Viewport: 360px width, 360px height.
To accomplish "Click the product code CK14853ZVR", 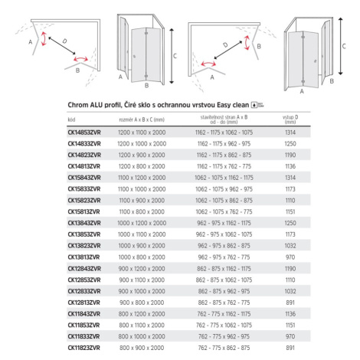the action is pos(84,133).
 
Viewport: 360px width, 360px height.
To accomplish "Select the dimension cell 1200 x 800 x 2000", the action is pos(142,166).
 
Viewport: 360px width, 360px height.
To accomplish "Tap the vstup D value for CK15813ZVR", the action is pos(290,212).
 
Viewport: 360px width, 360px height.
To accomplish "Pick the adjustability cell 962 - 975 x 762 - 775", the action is pos(224,257).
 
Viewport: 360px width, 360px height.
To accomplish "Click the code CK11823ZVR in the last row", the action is pos(84,348).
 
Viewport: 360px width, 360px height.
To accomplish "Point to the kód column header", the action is pos(71,119).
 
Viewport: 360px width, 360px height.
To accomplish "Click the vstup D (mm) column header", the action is pos(290,119).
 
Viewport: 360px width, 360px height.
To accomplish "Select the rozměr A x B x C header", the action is pos(142,119).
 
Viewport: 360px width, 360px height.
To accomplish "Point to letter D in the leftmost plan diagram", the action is pos(64,41).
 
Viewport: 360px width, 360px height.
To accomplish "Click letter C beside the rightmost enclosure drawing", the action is pos(344,46).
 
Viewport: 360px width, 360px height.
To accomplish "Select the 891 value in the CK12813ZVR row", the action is pos(290,303).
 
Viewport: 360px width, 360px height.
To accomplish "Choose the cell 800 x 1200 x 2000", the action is pos(142,314).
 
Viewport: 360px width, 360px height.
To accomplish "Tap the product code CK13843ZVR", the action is pos(84,223).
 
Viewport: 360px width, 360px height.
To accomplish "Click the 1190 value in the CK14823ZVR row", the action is pos(290,155).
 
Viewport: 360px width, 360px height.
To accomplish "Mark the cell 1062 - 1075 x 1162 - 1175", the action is pos(224,178).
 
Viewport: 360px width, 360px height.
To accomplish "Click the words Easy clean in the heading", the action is pos(233,105).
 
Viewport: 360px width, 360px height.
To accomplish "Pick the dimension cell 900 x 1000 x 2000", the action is pos(142,291).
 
